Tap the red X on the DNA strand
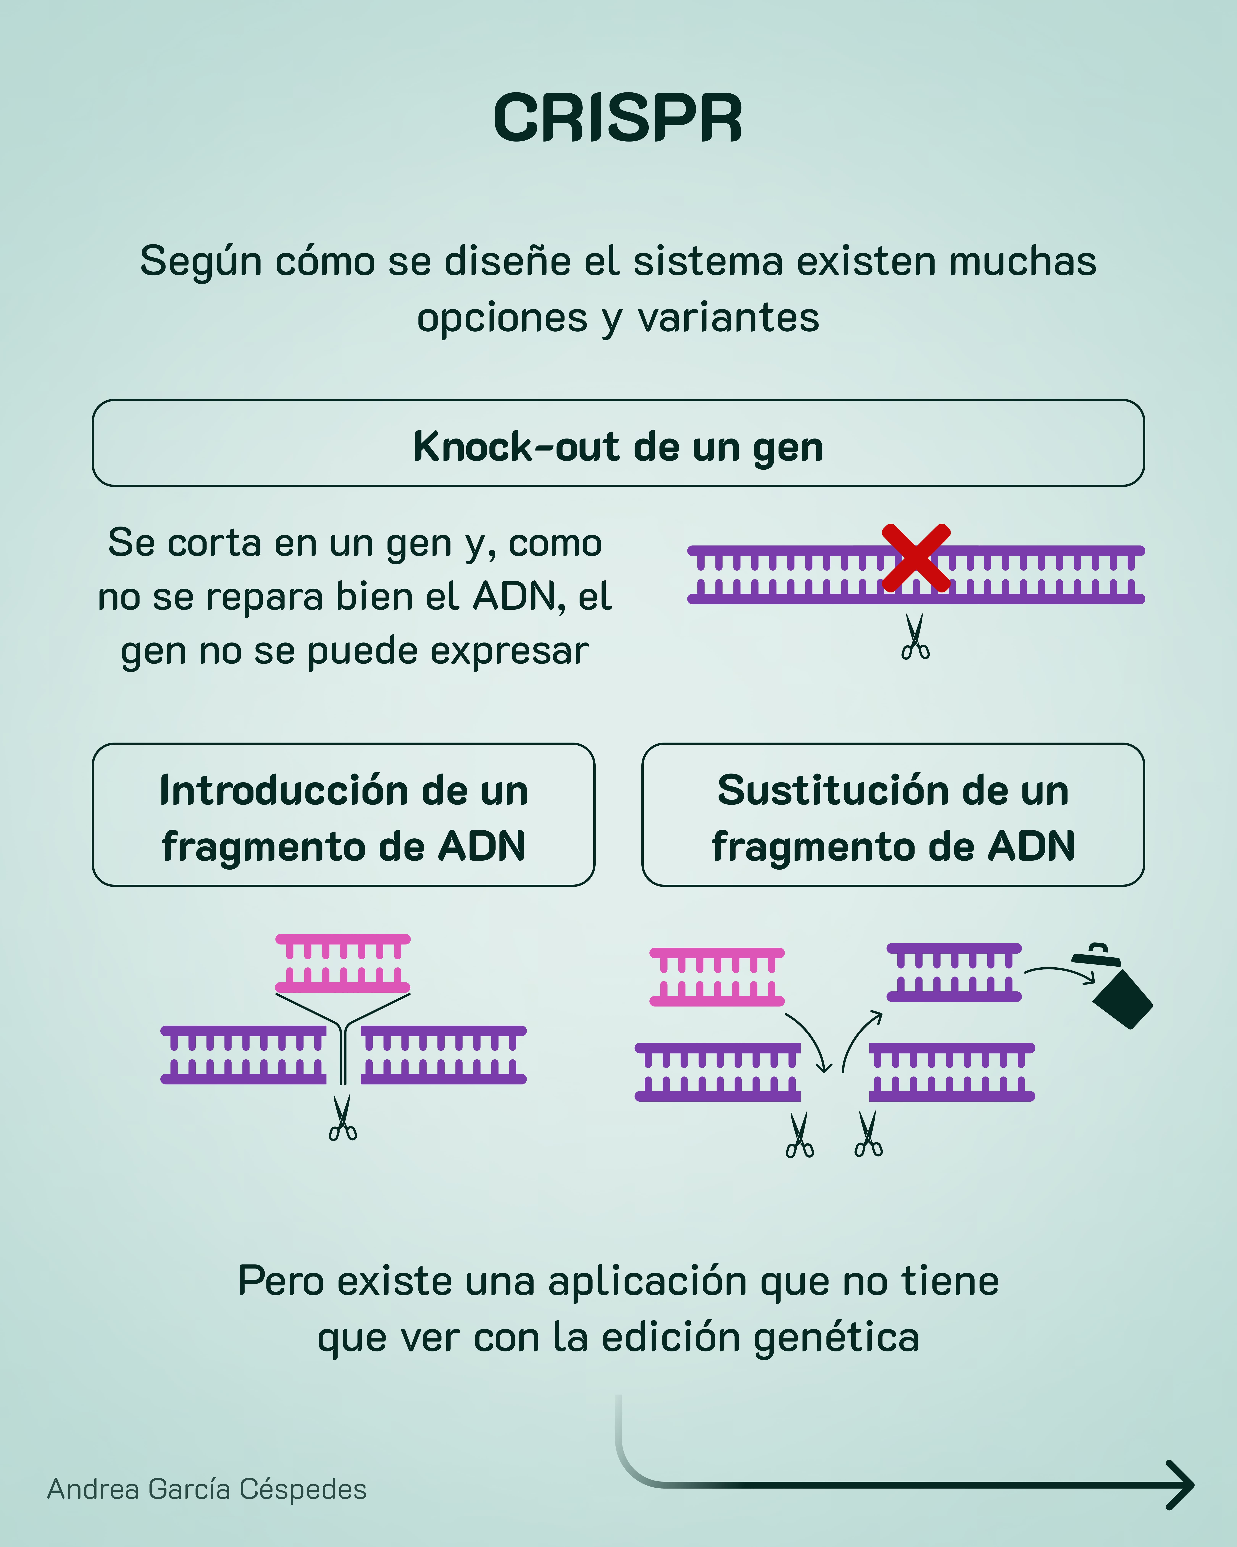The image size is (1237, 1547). point(916,557)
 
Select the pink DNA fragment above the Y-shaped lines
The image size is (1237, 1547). point(343,963)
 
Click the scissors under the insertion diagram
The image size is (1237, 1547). point(343,1118)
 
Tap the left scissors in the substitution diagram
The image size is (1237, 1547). point(800,1135)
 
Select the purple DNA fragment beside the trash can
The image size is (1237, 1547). point(954,972)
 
